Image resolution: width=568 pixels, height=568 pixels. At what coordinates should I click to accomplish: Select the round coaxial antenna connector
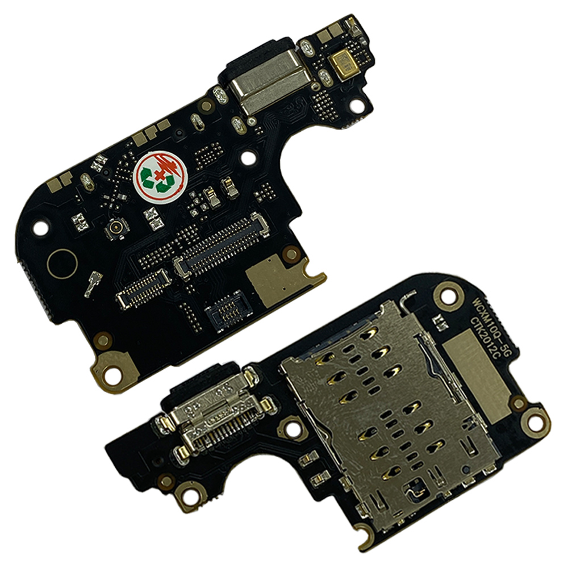[116, 228]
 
